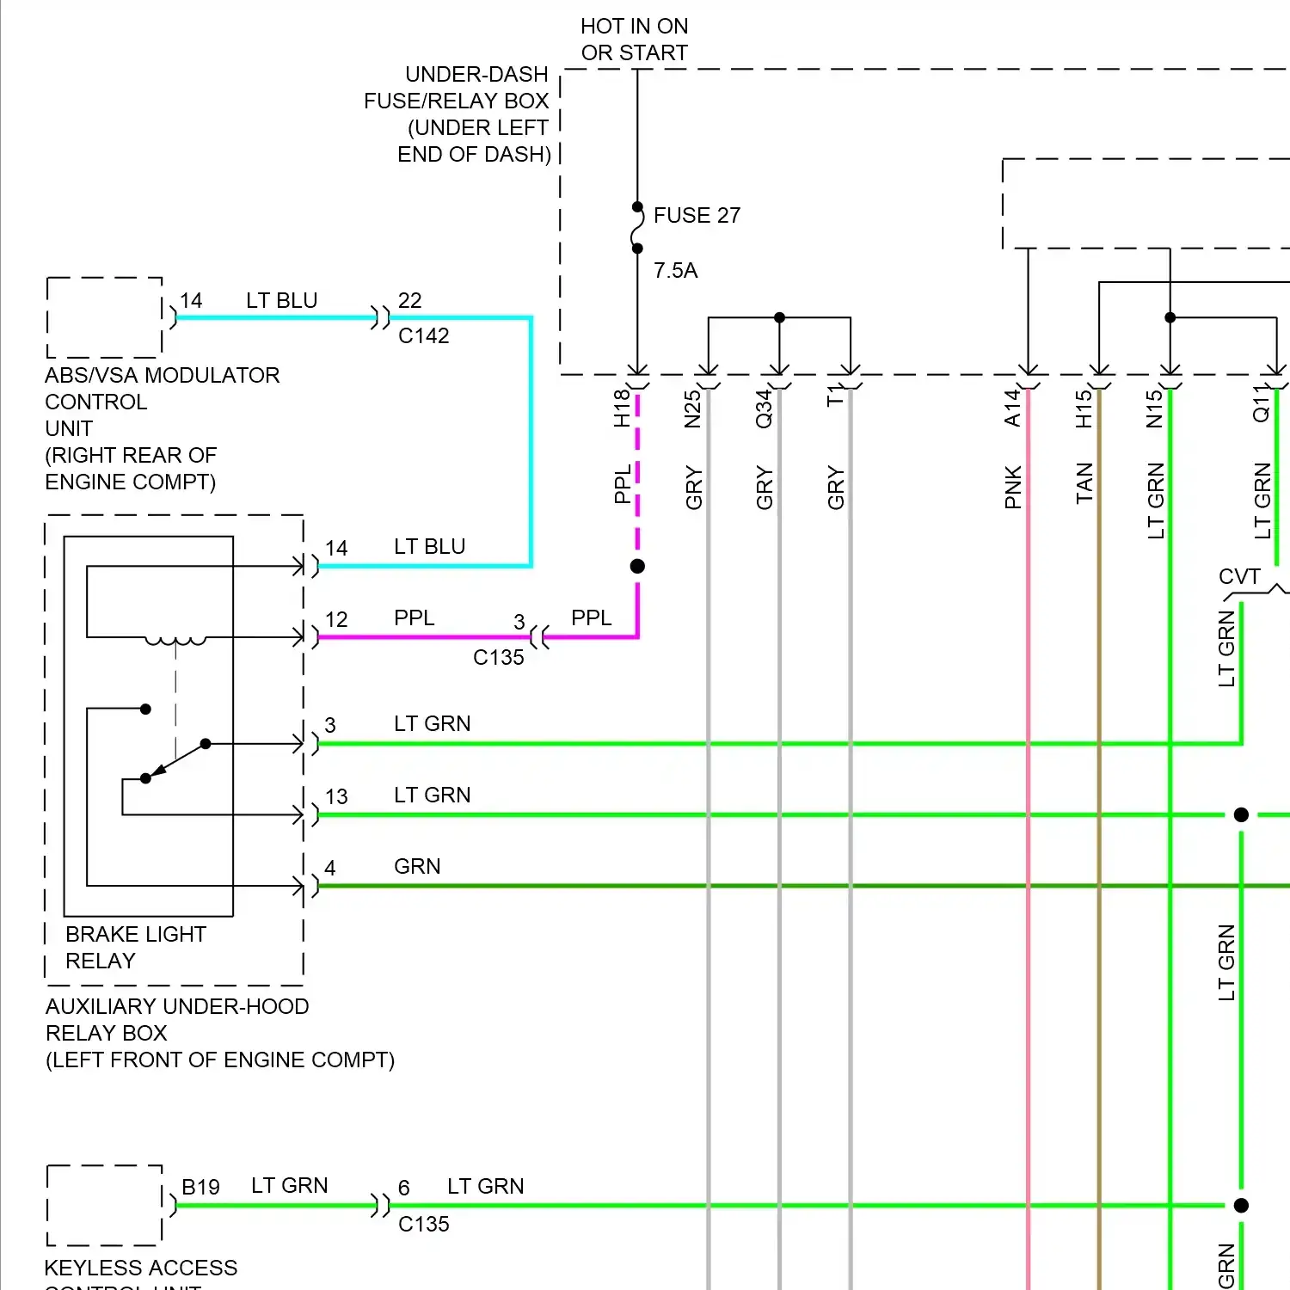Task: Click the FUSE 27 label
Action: point(697,215)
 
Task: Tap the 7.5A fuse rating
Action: point(675,271)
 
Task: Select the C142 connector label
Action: point(423,336)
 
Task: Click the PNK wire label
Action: point(1013,488)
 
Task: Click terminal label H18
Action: point(622,408)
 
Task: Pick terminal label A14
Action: point(1013,408)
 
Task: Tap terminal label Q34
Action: point(764,408)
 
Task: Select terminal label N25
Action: point(693,408)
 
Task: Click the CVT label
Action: point(1239,576)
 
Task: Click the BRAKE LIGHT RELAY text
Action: point(136,947)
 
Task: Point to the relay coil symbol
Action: point(175,640)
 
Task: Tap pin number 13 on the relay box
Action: point(336,796)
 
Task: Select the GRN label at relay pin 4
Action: point(417,866)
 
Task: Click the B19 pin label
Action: point(200,1187)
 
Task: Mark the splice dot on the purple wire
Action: point(637,566)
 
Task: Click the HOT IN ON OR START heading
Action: point(635,40)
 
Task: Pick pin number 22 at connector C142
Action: point(409,300)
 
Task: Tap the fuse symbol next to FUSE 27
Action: point(637,228)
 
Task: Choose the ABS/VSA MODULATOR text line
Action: point(162,375)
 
